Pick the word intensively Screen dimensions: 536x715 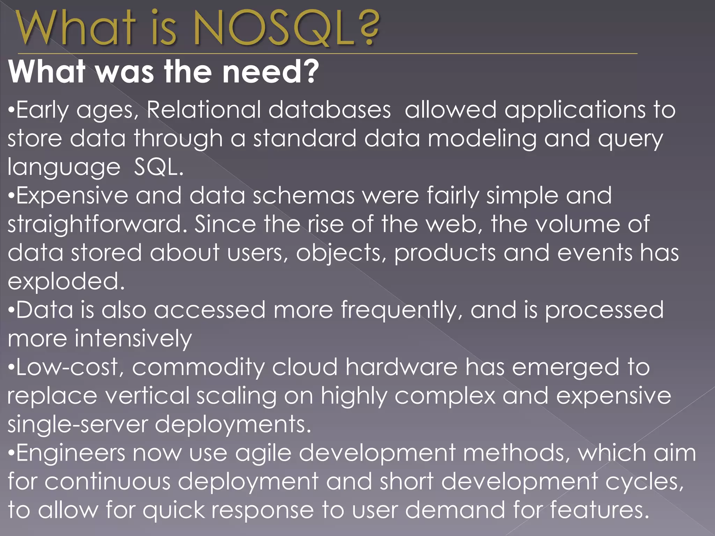(133, 338)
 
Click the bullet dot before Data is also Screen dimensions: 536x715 (11, 310)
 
